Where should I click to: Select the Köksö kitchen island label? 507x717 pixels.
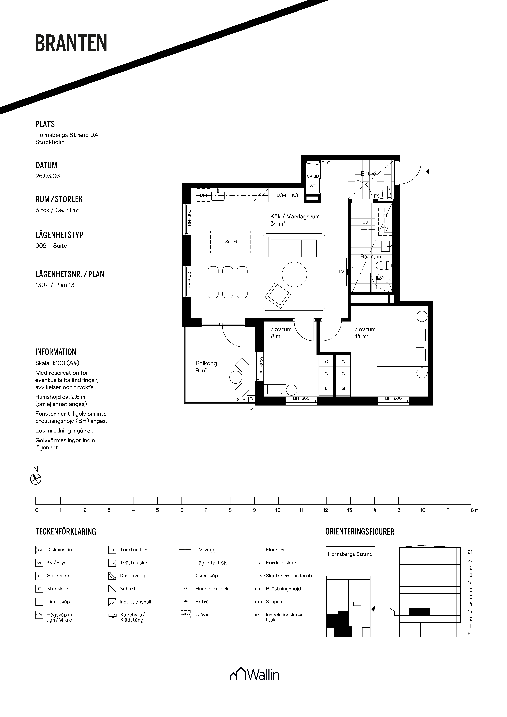tap(231, 242)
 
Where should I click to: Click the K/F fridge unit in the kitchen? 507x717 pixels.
tap(296, 195)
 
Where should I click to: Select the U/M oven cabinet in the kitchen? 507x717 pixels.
tap(281, 195)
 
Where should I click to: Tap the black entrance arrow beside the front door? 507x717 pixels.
tap(428, 171)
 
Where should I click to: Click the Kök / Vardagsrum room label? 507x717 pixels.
tap(295, 216)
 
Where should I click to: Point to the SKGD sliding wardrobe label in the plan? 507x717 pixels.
tap(313, 176)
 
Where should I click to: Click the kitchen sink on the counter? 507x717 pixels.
tap(218, 195)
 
